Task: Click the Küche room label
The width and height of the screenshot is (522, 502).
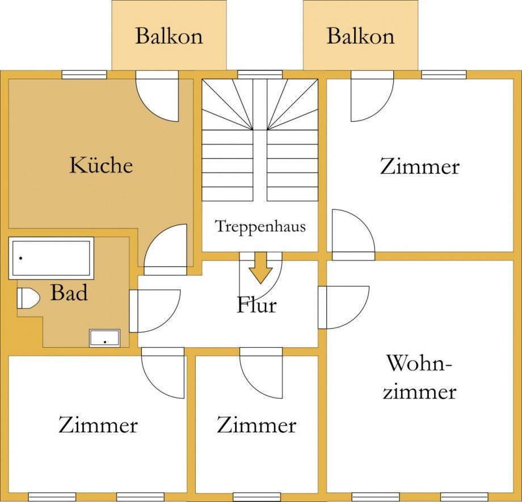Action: (101, 165)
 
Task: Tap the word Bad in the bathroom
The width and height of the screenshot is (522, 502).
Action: (69, 293)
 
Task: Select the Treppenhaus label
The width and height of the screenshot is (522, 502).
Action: (260, 226)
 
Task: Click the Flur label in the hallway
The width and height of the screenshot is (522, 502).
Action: (256, 305)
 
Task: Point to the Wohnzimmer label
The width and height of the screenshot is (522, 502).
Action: (419, 377)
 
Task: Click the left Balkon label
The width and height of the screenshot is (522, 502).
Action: (169, 36)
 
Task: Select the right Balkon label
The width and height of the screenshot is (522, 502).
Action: (360, 36)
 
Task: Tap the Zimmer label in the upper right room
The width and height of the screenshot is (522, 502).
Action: (419, 167)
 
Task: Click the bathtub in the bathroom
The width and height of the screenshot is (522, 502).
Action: (50, 258)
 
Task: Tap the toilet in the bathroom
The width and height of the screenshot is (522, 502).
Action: (28, 297)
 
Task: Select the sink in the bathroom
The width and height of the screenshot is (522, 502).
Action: (104, 338)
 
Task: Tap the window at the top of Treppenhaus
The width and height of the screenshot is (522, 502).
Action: (259, 74)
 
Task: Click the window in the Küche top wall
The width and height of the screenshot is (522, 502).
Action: (84, 74)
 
